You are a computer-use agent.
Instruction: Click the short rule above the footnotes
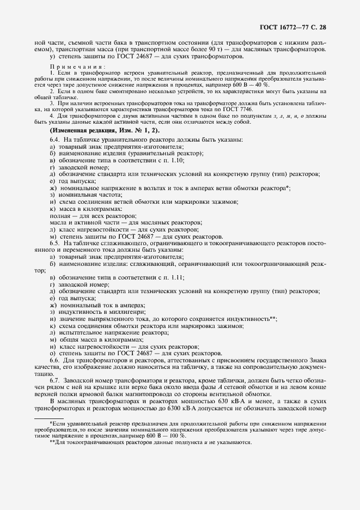click(48, 418)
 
